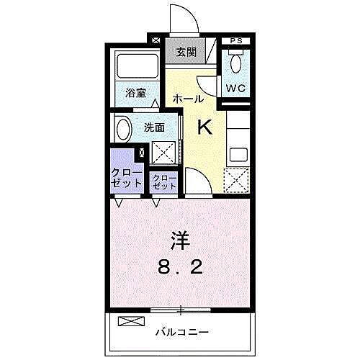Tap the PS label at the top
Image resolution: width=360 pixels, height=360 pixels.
point(235,41)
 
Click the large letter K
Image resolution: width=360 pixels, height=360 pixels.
point(204,127)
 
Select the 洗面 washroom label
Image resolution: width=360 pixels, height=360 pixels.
point(154,127)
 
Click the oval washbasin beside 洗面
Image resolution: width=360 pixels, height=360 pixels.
point(123,130)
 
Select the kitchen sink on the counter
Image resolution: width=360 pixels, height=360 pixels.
point(238,153)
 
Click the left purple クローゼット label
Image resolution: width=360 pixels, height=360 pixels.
point(126,178)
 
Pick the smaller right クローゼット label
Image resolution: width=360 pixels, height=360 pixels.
point(164,181)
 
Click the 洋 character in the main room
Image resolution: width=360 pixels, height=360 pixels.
point(179,238)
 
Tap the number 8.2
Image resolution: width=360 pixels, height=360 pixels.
point(180,268)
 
